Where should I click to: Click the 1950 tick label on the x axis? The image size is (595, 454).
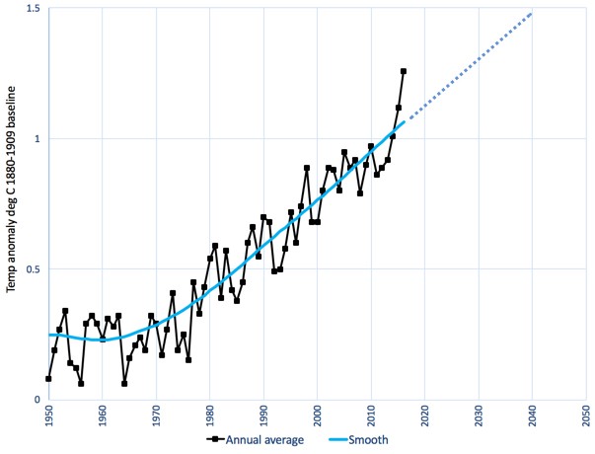coord(49,416)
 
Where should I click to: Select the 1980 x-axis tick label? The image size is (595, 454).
coord(210,416)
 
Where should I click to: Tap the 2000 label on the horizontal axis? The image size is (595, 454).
coord(318,416)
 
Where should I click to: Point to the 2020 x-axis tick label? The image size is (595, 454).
coord(425,416)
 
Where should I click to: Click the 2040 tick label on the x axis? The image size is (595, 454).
coord(533,416)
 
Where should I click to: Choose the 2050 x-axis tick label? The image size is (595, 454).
coord(586,416)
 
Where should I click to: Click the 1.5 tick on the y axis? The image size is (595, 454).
coord(35,9)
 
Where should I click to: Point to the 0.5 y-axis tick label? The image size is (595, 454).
coord(35,269)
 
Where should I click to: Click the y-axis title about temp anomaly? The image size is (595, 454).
coord(13,204)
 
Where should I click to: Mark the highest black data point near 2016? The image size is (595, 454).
coord(404,71)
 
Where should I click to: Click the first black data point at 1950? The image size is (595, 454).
coord(48,379)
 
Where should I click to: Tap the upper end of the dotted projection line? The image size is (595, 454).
coord(533,14)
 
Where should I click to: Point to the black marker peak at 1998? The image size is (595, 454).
coord(307,168)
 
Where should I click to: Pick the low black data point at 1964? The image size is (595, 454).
coord(124,383)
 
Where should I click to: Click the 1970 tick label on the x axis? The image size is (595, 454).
coord(157,416)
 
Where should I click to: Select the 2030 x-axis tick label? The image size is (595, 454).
coord(479,416)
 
